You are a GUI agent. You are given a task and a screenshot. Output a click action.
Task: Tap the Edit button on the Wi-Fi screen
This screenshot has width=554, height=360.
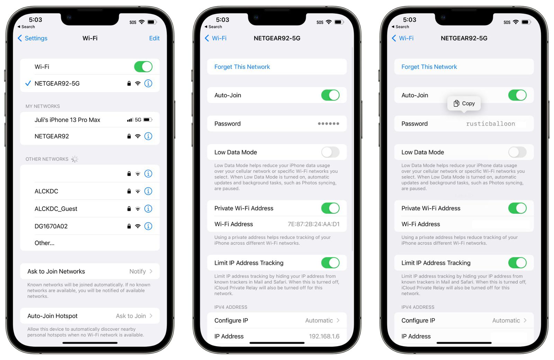pos(154,38)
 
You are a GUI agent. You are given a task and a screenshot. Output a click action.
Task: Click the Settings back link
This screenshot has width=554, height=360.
pos(33,38)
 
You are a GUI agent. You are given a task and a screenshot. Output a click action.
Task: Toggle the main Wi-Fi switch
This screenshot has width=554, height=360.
pos(143,67)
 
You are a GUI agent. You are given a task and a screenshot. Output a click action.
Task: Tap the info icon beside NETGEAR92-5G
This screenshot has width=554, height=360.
pos(148,84)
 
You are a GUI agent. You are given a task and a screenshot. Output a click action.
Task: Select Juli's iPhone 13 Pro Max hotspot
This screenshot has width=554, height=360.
pos(68,120)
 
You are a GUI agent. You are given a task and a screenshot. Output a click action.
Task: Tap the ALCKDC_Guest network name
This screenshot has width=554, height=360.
pos(56,209)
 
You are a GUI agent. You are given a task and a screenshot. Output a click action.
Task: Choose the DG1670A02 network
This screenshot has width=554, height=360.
pos(51,226)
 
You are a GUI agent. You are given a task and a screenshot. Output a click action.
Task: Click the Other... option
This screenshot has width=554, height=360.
pos(44,243)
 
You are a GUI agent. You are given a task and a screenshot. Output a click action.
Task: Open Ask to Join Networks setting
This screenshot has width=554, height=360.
pos(90,271)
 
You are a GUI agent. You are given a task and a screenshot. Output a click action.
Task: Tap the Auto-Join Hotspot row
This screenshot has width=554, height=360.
pos(90,316)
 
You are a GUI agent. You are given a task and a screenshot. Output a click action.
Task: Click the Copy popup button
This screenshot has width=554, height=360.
pos(464,103)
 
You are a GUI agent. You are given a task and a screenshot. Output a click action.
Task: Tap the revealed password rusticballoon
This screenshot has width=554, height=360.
pos(490,124)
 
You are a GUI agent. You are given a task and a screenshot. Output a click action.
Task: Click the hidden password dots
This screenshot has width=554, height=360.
pos(328,124)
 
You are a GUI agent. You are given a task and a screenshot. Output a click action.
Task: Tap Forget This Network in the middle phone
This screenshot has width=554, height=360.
pos(242,67)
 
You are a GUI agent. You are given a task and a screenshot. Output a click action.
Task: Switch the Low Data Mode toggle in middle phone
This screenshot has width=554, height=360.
pos(330,152)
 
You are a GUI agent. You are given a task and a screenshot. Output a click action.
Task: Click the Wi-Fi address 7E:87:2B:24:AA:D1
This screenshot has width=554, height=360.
pos(313,224)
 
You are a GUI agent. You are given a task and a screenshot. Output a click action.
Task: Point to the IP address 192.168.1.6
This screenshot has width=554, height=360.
pos(324,336)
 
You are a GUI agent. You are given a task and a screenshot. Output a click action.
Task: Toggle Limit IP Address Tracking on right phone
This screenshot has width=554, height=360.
pos(517,263)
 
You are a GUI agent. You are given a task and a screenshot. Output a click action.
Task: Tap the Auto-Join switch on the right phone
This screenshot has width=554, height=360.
pos(517,95)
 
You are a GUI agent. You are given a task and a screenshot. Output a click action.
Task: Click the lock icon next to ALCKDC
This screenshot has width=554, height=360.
pos(129,191)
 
